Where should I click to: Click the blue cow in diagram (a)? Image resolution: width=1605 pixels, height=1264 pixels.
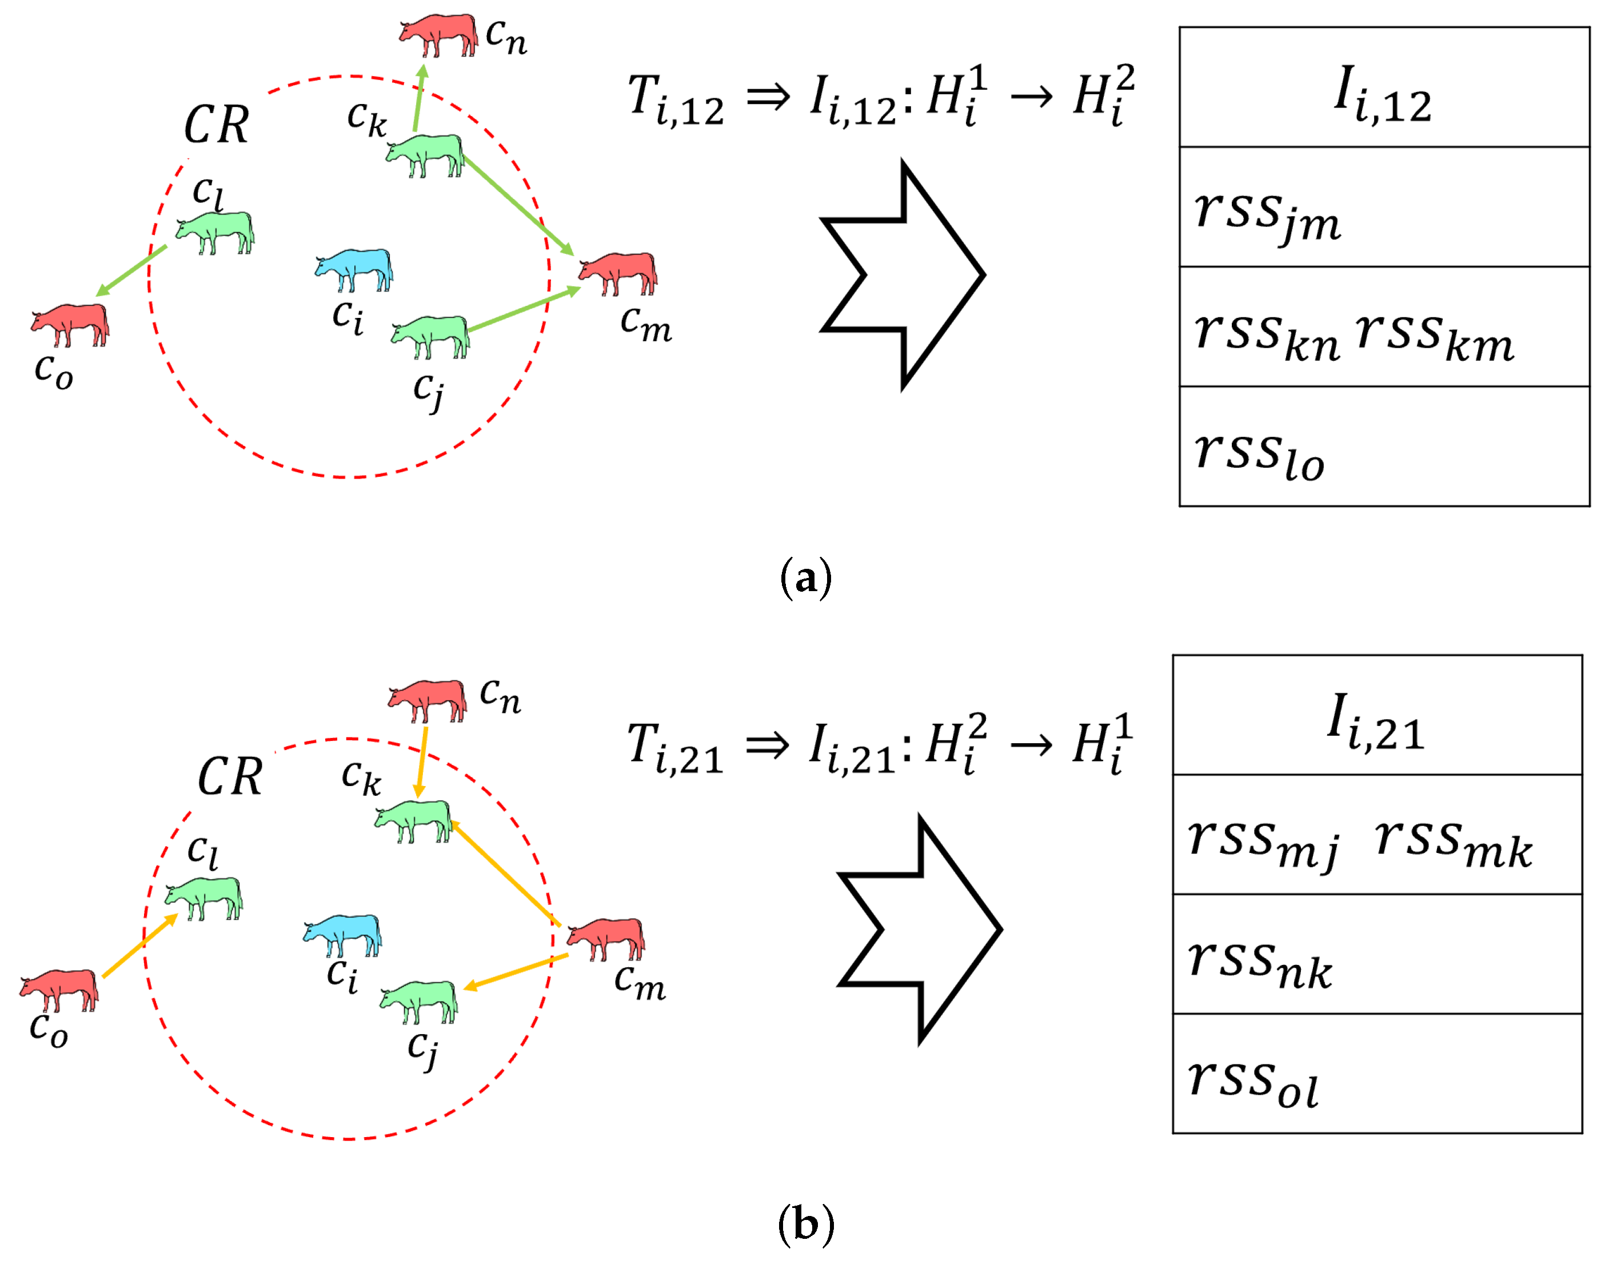click(354, 269)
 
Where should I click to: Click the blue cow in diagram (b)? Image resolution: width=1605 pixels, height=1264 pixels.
click(342, 934)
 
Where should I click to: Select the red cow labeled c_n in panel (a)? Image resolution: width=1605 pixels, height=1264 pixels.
click(439, 33)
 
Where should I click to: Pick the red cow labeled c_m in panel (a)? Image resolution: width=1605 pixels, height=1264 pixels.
click(618, 272)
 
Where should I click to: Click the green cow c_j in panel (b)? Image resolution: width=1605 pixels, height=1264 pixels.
click(419, 1000)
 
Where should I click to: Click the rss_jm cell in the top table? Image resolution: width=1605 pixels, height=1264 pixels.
click(1384, 207)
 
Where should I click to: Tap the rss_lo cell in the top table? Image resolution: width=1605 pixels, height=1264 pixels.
click(1384, 446)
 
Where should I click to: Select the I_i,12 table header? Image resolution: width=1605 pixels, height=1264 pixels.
click(1384, 87)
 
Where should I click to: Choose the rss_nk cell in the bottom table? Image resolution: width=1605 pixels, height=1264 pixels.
click(1376, 955)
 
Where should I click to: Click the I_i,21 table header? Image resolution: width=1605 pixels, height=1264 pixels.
click(1376, 716)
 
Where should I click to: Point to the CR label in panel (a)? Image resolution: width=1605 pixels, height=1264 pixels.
click(216, 124)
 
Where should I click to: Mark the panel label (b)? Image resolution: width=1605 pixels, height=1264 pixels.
click(806, 1225)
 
